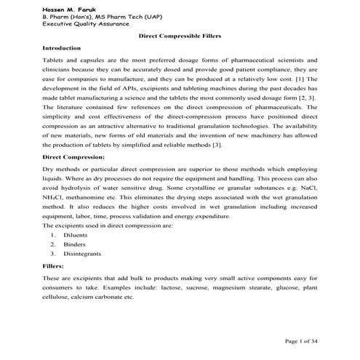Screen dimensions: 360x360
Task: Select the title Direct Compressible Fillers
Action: pyautogui.click(x=180, y=34)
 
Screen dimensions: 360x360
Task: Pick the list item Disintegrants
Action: pyautogui.click(x=82, y=255)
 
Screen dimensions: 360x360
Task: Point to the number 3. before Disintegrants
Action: pyautogui.click(x=53, y=255)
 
